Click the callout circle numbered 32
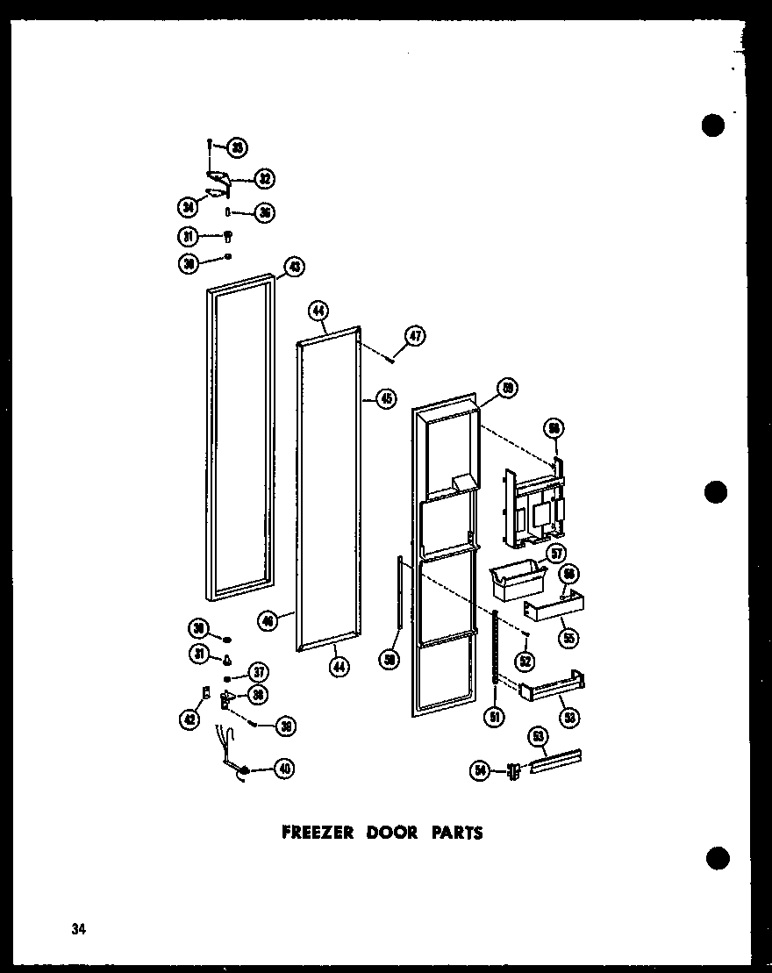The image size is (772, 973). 263,179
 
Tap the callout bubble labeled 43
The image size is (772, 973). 293,267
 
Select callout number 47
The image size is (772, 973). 415,334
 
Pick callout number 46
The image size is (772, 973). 268,620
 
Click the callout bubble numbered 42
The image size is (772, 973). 188,719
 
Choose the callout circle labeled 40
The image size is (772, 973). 283,769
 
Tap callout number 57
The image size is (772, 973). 554,553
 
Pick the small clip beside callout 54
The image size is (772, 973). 513,770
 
